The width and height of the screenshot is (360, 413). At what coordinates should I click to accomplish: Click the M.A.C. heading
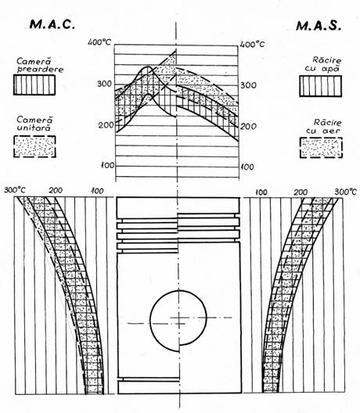pos(52,24)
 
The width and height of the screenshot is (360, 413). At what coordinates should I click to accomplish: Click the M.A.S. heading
pos(319,26)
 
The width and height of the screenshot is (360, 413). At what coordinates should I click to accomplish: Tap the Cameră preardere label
pos(40,65)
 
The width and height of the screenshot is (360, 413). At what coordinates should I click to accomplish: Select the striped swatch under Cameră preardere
pos(34,84)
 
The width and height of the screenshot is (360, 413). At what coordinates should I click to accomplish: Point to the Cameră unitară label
pos(34,124)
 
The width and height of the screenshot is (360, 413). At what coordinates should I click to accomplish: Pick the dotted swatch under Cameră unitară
pos(34,146)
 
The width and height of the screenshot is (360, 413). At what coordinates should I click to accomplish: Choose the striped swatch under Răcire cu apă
pos(320,86)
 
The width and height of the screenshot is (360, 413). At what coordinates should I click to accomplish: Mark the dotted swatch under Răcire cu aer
pos(321,148)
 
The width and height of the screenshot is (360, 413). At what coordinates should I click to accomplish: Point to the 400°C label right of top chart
pos(253,44)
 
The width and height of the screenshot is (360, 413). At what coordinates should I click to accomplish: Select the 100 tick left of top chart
pos(108,165)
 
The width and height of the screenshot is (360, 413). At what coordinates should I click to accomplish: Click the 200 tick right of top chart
pos(248,127)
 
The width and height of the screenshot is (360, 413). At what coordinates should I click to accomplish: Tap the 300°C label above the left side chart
pos(15,190)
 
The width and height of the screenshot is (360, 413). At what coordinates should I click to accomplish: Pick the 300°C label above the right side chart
pos(345,192)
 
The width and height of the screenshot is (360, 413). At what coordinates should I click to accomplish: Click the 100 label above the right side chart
pos(261,192)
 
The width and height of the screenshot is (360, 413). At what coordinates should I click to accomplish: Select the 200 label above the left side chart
pos(56,190)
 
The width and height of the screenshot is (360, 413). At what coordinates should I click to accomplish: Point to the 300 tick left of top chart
pos(105,84)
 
